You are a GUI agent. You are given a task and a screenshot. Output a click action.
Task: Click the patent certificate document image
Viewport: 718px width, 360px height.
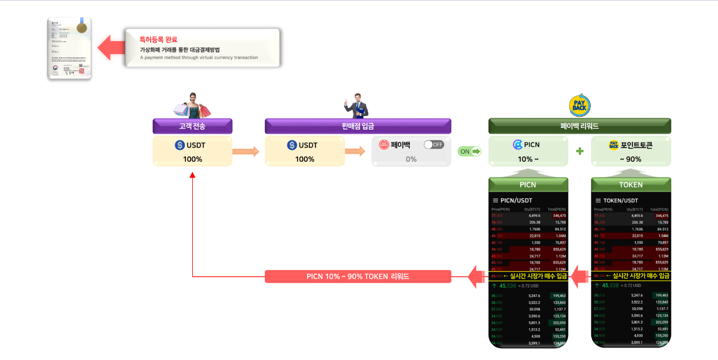click(x=69, y=48)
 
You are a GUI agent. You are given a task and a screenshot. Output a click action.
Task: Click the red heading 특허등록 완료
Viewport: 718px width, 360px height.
click(x=158, y=39)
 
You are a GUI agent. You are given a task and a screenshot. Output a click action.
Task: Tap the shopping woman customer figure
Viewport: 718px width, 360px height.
click(x=192, y=105)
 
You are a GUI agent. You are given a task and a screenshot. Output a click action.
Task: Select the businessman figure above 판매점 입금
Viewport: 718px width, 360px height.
click(x=357, y=105)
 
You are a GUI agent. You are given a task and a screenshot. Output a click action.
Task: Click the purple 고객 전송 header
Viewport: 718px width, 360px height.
click(x=192, y=126)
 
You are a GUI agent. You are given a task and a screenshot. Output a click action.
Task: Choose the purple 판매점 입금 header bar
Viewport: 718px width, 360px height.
click(x=358, y=126)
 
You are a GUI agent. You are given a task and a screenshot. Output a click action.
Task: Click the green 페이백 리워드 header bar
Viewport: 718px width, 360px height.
click(x=579, y=126)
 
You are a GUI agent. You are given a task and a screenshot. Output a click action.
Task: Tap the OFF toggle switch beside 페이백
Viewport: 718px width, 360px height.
click(x=434, y=145)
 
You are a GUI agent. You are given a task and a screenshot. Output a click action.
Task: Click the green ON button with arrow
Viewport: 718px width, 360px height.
click(x=469, y=151)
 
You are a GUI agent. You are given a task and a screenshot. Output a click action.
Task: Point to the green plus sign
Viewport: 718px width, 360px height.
click(x=580, y=151)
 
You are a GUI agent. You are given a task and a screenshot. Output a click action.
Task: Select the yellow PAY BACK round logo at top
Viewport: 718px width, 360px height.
click(x=579, y=105)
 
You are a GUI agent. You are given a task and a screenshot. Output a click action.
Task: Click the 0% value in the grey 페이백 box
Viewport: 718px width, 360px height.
click(x=411, y=159)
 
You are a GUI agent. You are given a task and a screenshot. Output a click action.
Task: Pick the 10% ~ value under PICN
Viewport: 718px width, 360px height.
click(x=528, y=159)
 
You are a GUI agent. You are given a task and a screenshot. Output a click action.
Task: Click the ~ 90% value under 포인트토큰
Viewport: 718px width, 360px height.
click(x=631, y=159)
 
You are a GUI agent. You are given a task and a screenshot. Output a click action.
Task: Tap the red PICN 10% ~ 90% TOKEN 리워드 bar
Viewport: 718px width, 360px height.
click(x=358, y=277)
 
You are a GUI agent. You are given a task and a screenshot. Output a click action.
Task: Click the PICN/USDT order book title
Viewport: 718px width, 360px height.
click(x=516, y=200)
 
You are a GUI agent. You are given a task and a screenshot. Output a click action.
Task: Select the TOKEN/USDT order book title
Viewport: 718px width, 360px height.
click(x=621, y=200)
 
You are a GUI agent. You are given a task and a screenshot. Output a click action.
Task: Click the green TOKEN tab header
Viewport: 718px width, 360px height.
click(x=631, y=184)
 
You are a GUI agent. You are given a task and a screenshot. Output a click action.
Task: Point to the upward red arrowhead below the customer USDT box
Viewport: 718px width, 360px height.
click(x=192, y=175)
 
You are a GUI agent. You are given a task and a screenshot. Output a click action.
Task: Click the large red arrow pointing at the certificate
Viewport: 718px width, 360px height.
click(x=110, y=48)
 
